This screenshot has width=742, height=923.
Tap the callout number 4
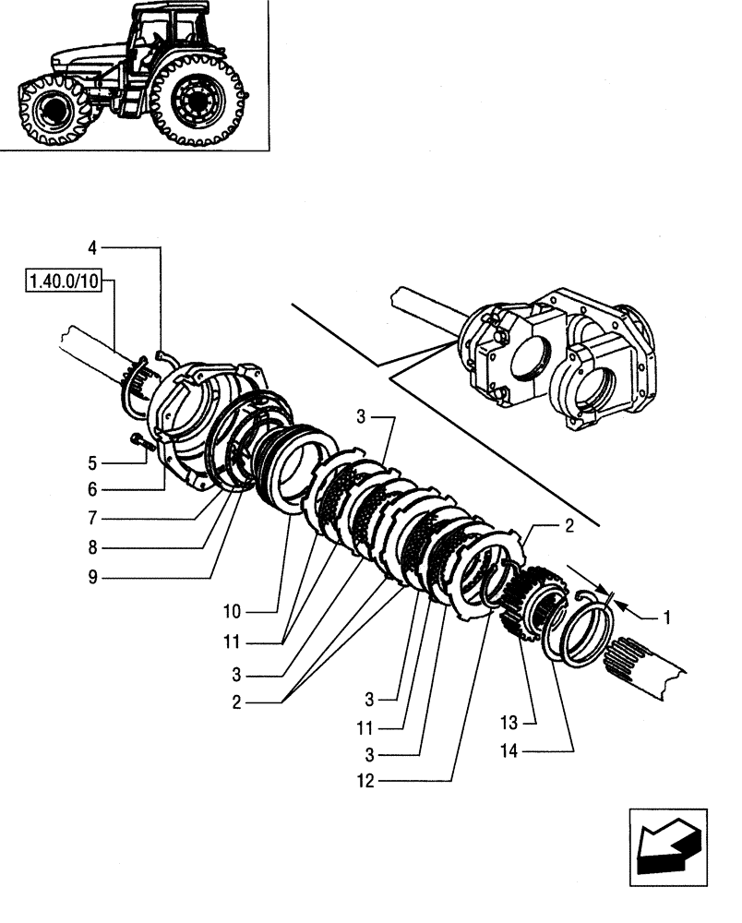click(92, 247)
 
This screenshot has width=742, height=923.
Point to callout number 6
click(92, 488)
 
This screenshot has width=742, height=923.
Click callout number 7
click(92, 518)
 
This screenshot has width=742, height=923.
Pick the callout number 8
click(92, 547)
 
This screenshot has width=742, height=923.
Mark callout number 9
click(92, 578)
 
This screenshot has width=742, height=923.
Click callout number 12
click(365, 780)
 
